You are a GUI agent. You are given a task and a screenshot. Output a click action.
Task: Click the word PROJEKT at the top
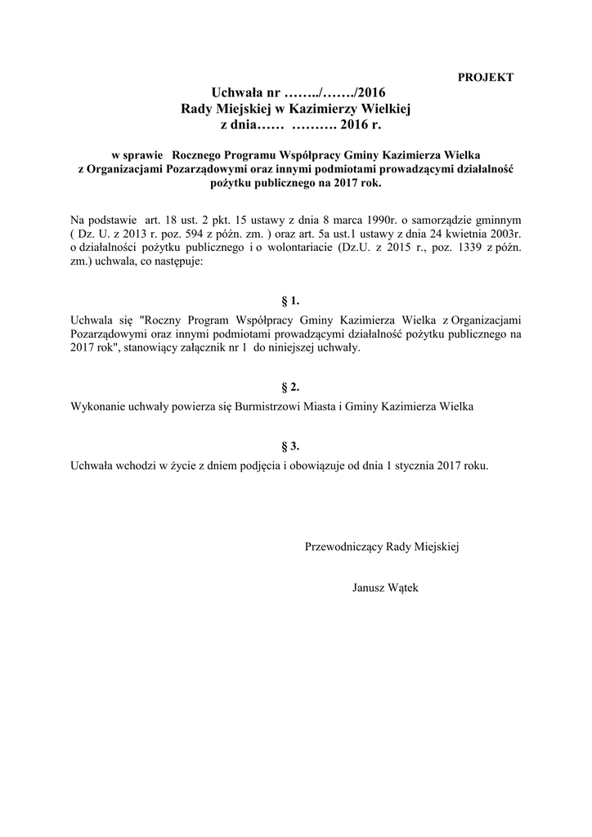pos(485,78)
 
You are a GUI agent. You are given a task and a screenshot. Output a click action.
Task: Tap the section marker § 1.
pos(290,302)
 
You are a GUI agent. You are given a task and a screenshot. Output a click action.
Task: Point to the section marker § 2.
pos(290,387)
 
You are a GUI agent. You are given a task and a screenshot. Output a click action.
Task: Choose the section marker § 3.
pos(290,446)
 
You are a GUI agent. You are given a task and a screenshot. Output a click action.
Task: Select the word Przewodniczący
pos(343,546)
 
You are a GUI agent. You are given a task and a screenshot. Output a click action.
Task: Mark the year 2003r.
pos(500,235)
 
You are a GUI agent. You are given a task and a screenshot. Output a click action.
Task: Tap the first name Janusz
pos(369,588)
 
